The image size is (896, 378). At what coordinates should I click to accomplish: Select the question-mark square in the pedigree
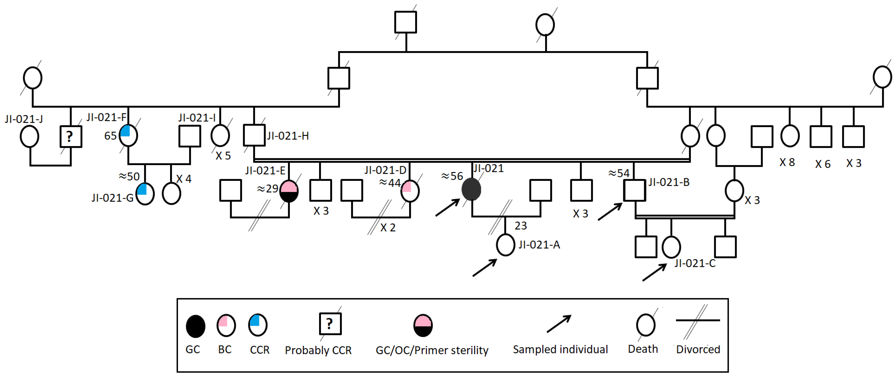[71, 136]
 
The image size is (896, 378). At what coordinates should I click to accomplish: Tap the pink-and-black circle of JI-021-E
[289, 191]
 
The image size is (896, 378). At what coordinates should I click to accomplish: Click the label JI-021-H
[288, 136]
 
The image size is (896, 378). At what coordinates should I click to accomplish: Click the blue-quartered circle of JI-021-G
[145, 194]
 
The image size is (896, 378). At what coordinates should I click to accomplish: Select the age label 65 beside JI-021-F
[110, 136]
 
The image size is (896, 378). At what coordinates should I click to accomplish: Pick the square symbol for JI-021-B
[634, 190]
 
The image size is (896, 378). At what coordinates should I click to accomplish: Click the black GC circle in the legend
[196, 326]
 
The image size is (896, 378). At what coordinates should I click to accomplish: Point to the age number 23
[521, 226]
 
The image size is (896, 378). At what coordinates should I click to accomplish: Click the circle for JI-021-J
[29, 136]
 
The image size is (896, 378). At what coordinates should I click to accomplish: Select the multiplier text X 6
[823, 164]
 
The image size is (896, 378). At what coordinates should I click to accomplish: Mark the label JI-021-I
[197, 118]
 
